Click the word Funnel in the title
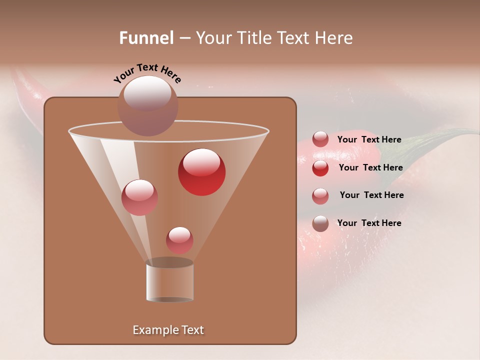[x=146, y=38]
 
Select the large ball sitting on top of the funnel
[x=148, y=105]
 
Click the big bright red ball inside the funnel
[x=201, y=172]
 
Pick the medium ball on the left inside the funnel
[x=139, y=197]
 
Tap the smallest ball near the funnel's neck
[x=179, y=240]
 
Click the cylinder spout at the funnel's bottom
[x=169, y=281]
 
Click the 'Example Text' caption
[x=168, y=330]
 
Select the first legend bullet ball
[x=320, y=139]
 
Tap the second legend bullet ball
[x=320, y=168]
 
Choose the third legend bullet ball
[x=320, y=196]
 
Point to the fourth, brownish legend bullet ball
[x=320, y=223]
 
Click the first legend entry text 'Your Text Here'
[x=369, y=140]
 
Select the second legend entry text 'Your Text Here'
[x=370, y=168]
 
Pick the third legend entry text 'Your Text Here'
[x=371, y=195]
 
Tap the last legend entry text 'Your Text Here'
[x=369, y=223]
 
